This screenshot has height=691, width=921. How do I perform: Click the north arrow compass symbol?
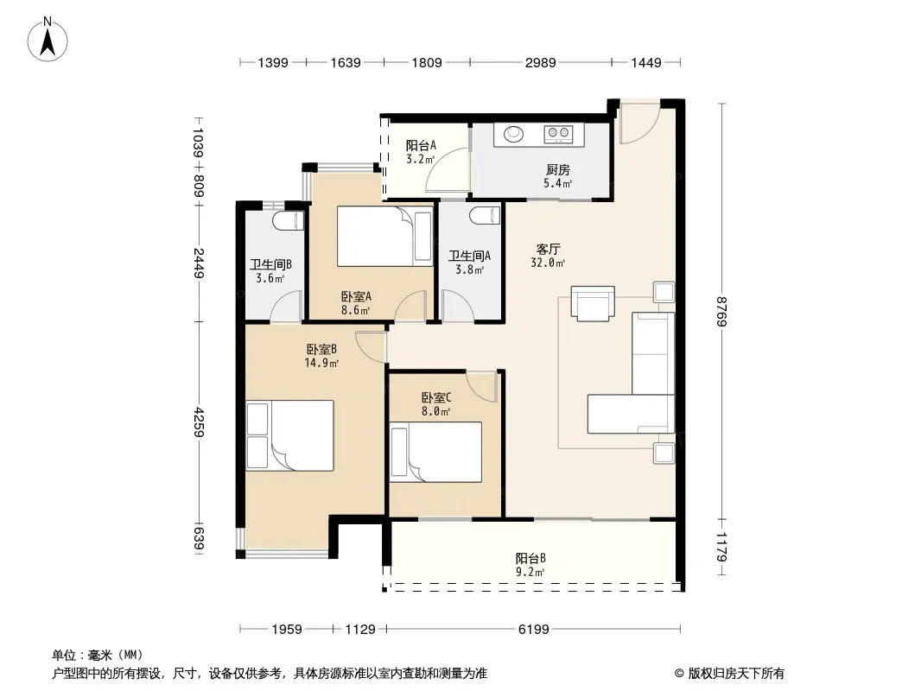point(48,40)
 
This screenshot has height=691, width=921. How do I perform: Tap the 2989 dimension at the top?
point(540,62)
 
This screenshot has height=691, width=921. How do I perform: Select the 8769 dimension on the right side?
point(722,312)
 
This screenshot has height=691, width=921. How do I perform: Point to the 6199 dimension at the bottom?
point(533,630)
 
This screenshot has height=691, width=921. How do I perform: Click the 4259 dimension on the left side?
point(198,422)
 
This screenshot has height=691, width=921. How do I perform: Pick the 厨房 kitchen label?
point(557,170)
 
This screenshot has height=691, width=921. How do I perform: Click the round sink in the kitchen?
point(513,134)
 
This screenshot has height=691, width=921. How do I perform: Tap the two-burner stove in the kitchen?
point(558,134)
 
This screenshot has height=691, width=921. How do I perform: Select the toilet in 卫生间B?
point(289,221)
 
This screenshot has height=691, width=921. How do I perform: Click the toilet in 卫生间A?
point(486,216)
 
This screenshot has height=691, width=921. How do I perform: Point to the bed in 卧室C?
point(435,452)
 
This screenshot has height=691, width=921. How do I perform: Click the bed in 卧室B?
point(289,435)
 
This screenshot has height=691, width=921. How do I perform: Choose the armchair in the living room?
point(593,303)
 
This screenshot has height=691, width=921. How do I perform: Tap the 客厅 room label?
point(548,249)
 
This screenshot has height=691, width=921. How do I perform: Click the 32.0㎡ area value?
point(548,263)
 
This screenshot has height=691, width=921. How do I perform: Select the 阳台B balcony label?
point(531,558)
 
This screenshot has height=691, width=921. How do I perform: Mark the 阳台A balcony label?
point(421,145)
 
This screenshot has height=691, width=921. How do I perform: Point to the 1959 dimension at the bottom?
point(287,630)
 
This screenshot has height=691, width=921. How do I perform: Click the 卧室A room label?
point(356,296)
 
